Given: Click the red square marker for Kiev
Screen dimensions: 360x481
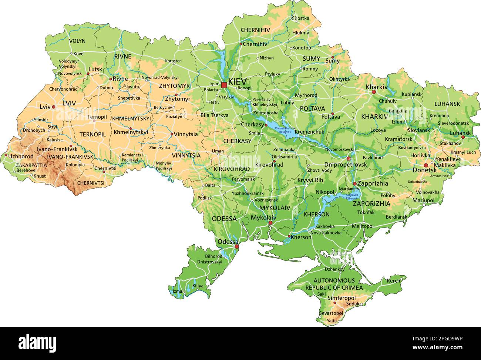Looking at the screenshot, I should pos(224,85).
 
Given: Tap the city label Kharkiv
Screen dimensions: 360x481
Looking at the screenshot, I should pos(376,87).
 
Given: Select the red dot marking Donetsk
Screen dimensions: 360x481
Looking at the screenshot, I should pos(426,165).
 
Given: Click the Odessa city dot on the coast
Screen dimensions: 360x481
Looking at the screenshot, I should pos(237,246).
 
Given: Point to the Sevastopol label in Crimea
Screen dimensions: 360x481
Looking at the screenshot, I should pos(331,313).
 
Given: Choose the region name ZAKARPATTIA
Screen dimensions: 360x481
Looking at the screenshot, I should pos(31,165).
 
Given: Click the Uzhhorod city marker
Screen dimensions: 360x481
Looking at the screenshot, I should pos(6,155).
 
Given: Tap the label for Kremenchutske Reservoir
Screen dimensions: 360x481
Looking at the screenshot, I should pos(283,129).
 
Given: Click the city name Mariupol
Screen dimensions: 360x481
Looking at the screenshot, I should pos(423,200).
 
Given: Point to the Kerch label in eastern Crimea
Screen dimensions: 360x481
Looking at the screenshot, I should pos(394,281).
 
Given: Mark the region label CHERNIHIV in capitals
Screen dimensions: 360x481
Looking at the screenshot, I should pos(255,30).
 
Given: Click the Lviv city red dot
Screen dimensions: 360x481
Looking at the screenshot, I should pos(54,107).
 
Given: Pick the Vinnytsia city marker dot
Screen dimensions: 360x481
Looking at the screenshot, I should pos(172,134).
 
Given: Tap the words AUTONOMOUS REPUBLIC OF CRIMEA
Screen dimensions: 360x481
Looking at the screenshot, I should pos(334,284).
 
